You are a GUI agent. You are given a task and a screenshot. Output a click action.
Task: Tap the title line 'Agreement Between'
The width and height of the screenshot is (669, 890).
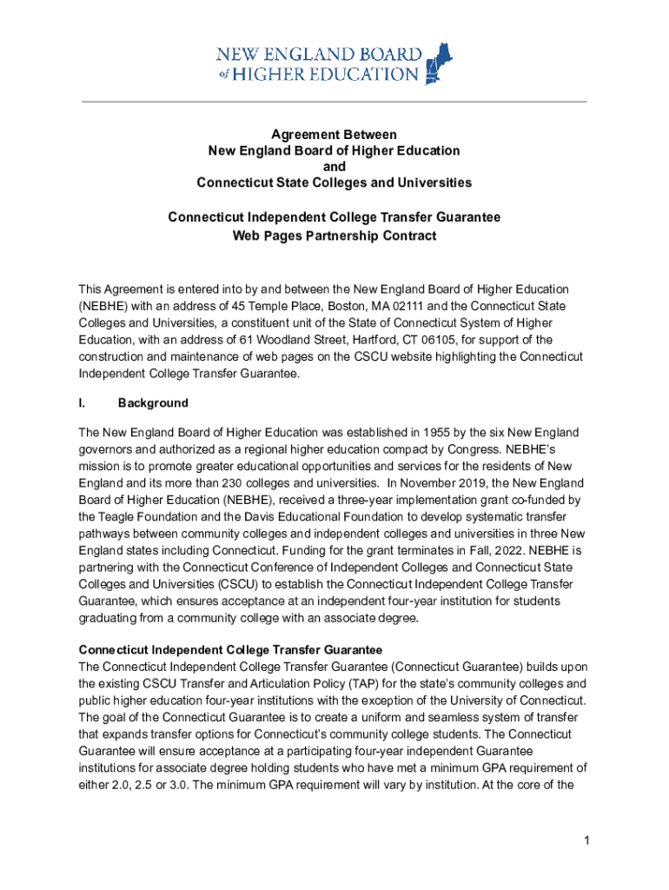pyautogui.click(x=334, y=135)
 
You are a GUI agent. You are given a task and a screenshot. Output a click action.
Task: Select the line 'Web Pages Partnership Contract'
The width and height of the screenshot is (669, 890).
pyautogui.click(x=334, y=236)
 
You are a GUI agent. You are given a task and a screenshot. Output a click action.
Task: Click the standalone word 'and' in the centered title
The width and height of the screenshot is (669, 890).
pyautogui.click(x=334, y=166)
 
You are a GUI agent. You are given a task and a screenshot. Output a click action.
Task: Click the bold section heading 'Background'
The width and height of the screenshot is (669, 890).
pyautogui.click(x=153, y=403)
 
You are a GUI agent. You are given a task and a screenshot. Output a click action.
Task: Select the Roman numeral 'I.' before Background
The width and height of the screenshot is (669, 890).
pyautogui.click(x=83, y=403)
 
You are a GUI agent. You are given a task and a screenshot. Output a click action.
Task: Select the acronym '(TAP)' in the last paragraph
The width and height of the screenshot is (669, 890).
pyautogui.click(x=337, y=683)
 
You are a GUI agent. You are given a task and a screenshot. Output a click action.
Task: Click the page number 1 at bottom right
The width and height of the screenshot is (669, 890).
pyautogui.click(x=587, y=840)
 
